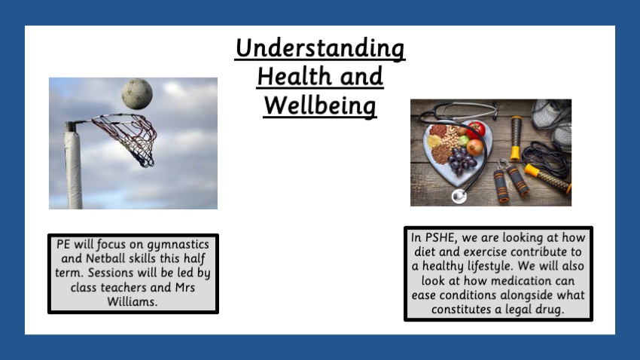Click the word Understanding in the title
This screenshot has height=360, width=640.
coord(320,48)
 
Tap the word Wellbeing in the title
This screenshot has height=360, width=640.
coord(319,106)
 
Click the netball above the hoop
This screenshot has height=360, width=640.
coord(137,94)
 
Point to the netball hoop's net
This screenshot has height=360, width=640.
coord(130,137)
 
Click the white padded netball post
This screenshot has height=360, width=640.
coord(74,167)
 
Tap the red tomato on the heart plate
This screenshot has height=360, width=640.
coord(476,130)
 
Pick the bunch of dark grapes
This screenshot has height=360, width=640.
coord(462,160)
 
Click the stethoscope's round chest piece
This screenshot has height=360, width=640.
coord(459,196)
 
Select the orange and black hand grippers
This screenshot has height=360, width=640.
coord(511,182)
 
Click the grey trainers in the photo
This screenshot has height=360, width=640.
coord(552,123)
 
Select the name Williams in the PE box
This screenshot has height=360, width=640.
coord(133,302)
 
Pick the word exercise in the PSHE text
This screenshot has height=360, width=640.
coord(485,252)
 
